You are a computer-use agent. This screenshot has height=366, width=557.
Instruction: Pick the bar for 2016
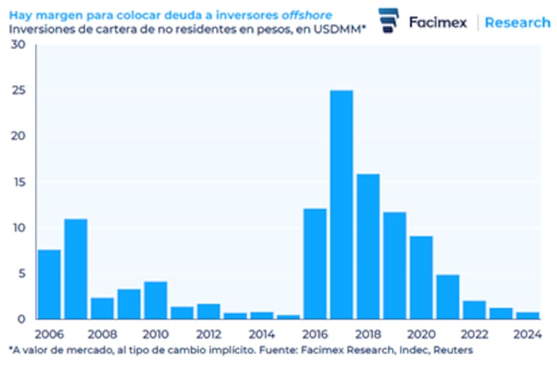(315, 264)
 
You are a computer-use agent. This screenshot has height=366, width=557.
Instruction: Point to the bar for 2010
(155, 300)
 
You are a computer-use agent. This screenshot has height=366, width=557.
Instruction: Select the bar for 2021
(447, 296)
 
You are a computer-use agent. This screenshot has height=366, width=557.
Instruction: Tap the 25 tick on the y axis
(19, 90)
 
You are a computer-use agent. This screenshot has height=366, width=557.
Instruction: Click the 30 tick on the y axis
(19, 45)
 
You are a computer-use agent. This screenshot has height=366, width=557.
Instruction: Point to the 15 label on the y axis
(19, 182)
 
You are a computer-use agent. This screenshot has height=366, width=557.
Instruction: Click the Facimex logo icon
(387, 20)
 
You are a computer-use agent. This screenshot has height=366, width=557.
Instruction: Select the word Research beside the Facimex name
(517, 22)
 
